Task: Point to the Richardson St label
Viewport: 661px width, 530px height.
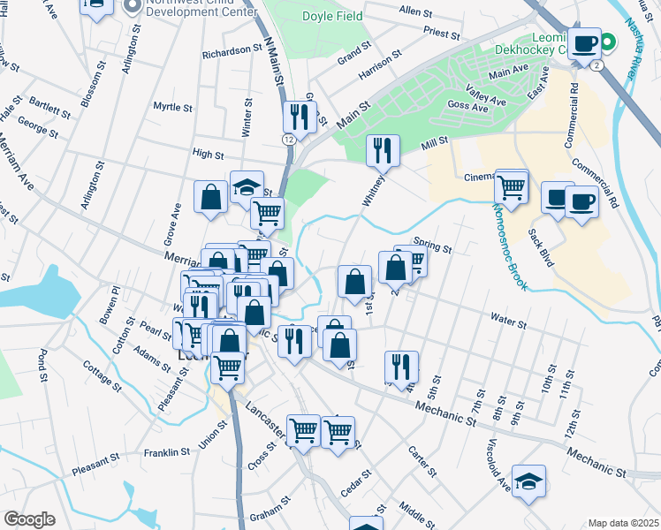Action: pyautogui.click(x=226, y=51)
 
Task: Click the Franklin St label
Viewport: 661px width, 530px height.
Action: pyautogui.click(x=167, y=453)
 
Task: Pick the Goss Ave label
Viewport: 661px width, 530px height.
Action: pyautogui.click(x=467, y=106)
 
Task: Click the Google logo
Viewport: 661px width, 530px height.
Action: pyautogui.click(x=29, y=519)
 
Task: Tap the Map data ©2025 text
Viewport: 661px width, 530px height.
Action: pyautogui.click(x=622, y=523)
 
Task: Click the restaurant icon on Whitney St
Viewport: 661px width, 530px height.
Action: pyautogui.click(x=383, y=150)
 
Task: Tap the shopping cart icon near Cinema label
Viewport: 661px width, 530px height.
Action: pyautogui.click(x=512, y=186)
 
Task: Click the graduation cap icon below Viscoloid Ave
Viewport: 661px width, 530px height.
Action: pyautogui.click(x=528, y=481)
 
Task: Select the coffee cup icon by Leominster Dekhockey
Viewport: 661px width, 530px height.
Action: pyautogui.click(x=584, y=43)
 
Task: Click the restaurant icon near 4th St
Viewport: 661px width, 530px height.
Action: pyautogui.click(x=401, y=367)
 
